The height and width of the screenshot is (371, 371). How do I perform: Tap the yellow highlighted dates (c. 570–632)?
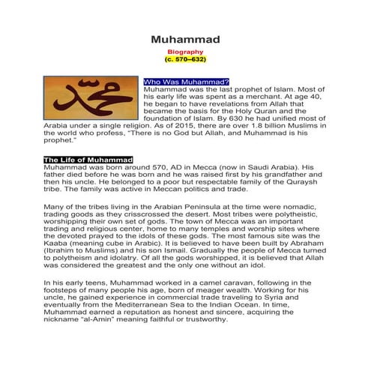point(184,58)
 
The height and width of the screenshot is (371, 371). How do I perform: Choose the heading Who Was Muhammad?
point(186,80)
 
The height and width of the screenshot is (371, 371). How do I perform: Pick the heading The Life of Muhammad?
point(88,160)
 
